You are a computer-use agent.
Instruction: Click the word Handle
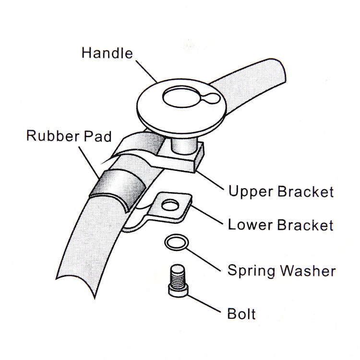(x=107, y=53)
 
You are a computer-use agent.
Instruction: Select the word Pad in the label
(x=97, y=136)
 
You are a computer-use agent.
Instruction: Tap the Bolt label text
(x=241, y=313)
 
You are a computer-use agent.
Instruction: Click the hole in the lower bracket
(x=170, y=205)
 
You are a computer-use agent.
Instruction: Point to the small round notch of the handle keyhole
(x=210, y=98)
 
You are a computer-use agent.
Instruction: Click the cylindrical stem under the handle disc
(x=183, y=146)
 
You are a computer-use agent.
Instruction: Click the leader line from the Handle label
(x=147, y=71)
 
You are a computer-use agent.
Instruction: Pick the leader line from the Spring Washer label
(x=203, y=259)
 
